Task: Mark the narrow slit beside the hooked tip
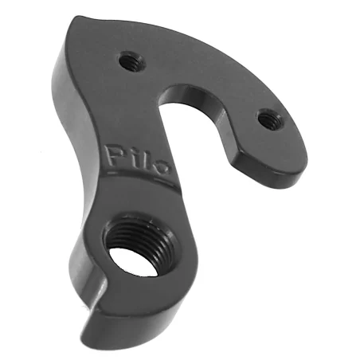tap(100, 295)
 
